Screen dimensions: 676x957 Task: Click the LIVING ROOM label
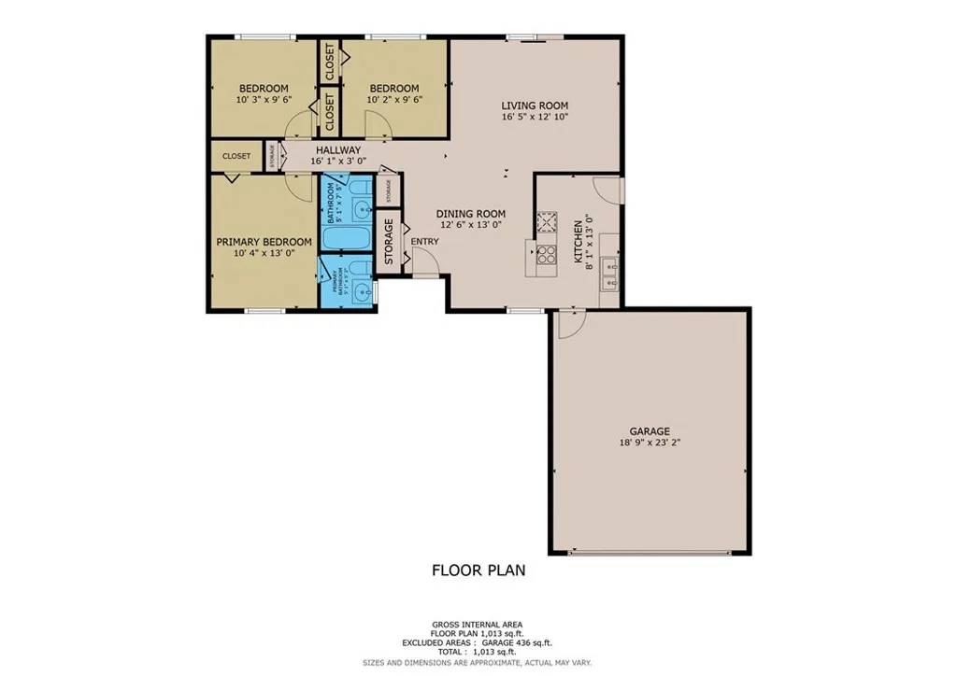click(535, 105)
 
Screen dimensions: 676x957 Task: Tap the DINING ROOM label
click(471, 213)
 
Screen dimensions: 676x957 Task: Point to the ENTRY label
click(424, 242)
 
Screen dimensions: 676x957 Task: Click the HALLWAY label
click(337, 150)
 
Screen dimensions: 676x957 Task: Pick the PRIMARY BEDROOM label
click(264, 241)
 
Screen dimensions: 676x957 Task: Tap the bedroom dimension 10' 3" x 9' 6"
click(263, 100)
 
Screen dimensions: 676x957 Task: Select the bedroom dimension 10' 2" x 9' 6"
click(393, 100)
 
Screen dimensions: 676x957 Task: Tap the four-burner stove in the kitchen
click(546, 255)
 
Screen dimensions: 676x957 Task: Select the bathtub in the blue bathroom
click(346, 238)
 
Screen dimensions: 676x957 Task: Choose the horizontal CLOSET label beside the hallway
click(236, 156)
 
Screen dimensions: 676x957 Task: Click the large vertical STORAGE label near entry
click(389, 242)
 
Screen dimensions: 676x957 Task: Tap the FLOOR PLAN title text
click(478, 570)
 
